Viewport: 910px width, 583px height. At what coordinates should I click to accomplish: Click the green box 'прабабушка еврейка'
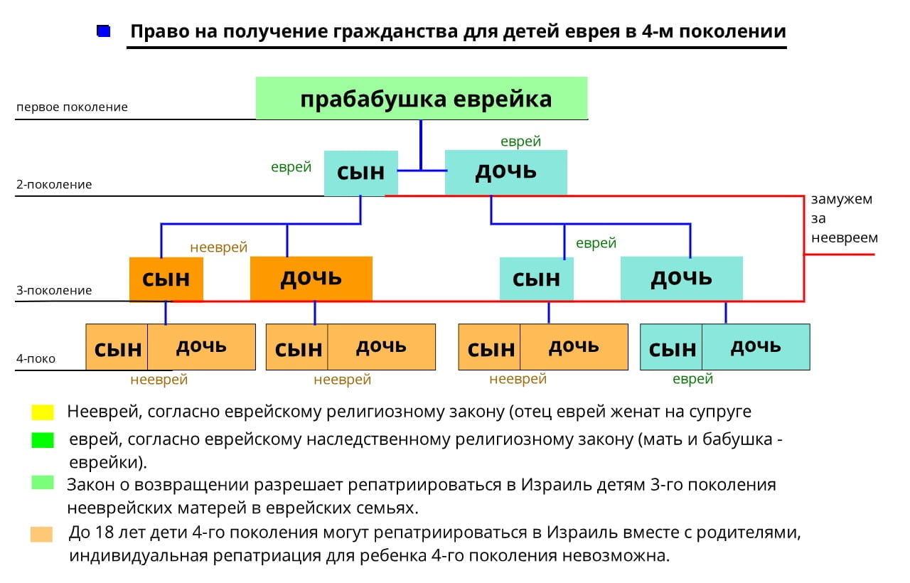[422, 98]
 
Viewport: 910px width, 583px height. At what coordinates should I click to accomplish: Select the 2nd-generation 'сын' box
[360, 173]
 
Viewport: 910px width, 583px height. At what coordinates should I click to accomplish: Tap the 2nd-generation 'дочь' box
[505, 172]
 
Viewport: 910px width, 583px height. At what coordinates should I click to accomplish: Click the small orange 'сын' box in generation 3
[166, 279]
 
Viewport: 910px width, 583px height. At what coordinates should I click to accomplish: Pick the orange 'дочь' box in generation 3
[311, 278]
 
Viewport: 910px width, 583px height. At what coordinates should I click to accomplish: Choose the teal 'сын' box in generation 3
[536, 279]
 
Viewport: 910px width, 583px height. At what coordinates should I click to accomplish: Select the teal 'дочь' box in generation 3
[681, 278]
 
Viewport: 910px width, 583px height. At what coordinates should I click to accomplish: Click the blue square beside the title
[104, 31]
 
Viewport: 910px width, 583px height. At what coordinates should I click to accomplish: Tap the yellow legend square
[42, 412]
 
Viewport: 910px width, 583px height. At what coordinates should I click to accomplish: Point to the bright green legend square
[42, 441]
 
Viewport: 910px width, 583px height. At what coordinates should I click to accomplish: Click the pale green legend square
[42, 483]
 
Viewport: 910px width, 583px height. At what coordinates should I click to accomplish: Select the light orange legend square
[42, 534]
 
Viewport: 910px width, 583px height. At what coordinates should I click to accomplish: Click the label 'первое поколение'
[72, 107]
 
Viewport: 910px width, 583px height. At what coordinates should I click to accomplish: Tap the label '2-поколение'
[54, 185]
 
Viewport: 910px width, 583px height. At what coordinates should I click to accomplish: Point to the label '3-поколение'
[54, 291]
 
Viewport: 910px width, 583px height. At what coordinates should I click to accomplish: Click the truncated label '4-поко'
[36, 359]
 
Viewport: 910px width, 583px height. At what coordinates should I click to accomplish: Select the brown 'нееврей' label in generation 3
[218, 247]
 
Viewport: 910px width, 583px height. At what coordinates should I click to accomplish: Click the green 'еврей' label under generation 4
[692, 380]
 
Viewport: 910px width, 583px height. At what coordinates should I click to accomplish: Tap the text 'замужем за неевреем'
[844, 218]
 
